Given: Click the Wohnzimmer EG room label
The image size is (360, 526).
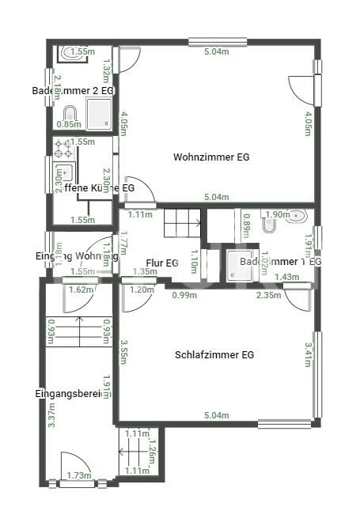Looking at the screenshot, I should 211,157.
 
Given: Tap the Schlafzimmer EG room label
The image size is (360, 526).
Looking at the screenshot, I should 214,355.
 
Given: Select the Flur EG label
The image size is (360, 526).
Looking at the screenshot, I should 163,263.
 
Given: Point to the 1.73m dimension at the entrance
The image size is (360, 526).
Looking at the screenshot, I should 79,475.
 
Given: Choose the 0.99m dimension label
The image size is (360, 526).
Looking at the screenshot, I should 184,295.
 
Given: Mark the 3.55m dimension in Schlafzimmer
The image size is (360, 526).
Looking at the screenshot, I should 124,352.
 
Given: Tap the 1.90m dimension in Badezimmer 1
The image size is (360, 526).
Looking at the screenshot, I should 277,214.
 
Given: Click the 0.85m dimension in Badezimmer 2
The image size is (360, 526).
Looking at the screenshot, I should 70,124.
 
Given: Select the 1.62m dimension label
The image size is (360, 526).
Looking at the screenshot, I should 81,289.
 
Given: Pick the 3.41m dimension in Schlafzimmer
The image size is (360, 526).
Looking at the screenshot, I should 308,354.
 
